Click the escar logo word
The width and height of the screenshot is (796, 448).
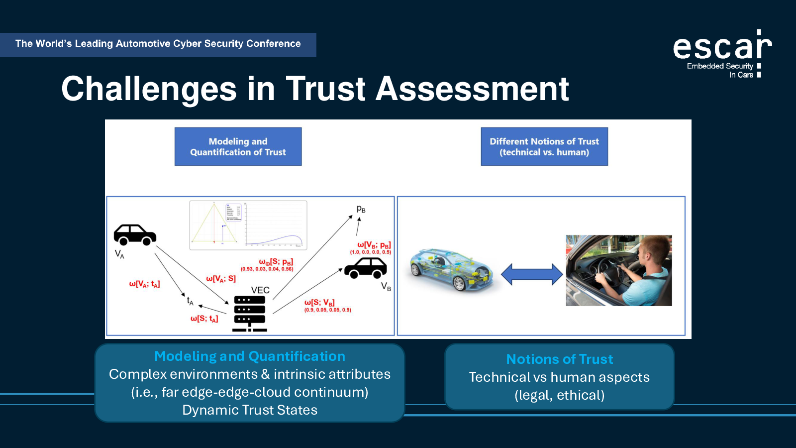click(722, 47)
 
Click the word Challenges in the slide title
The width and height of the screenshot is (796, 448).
click(149, 89)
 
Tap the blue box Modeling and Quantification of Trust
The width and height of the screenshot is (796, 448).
click(238, 147)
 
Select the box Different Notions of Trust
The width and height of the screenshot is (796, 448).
click(544, 147)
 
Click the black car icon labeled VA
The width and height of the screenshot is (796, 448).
click(134, 234)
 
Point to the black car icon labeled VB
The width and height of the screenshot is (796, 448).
click(366, 268)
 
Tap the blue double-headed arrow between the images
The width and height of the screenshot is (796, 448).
click(531, 274)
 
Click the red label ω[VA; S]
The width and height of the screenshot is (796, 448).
click(221, 279)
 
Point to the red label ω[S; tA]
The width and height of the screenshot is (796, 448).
click(204, 319)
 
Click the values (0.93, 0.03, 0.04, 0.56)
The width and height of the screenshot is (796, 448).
click(267, 269)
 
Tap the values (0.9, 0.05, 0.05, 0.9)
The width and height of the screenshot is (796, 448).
click(327, 310)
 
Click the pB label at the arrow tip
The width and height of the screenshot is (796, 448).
click(361, 210)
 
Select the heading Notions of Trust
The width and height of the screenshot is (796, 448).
click(559, 359)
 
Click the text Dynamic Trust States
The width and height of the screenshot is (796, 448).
click(250, 410)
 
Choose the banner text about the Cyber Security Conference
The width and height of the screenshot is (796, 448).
click(158, 44)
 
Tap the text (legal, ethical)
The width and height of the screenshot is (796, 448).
click(559, 395)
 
